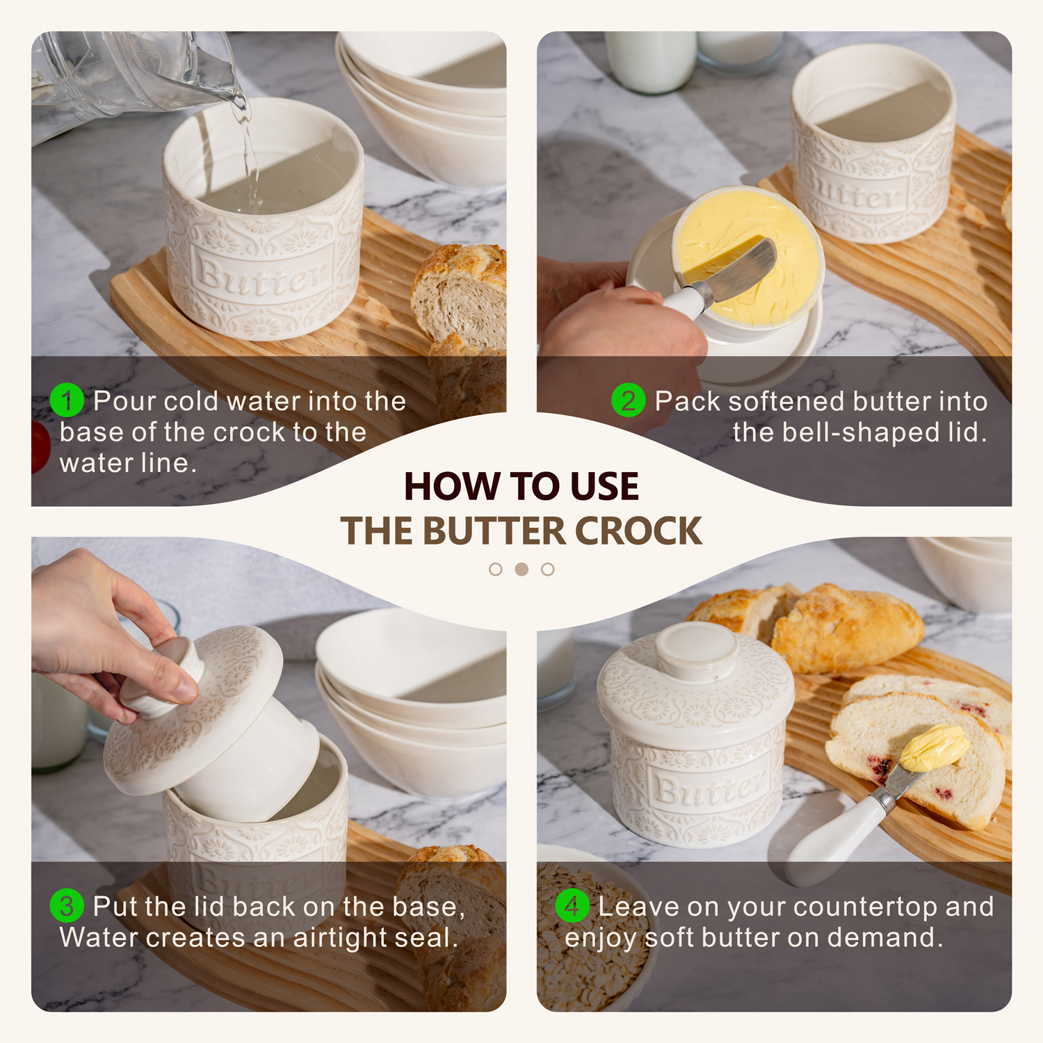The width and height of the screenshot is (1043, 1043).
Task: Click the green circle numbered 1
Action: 67,401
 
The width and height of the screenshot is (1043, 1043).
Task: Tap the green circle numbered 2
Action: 629,401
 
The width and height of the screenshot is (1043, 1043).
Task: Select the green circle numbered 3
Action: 67,906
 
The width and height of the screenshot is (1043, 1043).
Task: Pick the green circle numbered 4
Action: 572,906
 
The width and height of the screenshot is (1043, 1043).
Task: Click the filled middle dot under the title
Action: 521,569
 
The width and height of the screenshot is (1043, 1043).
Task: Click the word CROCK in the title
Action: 638,531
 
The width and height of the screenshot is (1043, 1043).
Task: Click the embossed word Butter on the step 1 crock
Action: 260,277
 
